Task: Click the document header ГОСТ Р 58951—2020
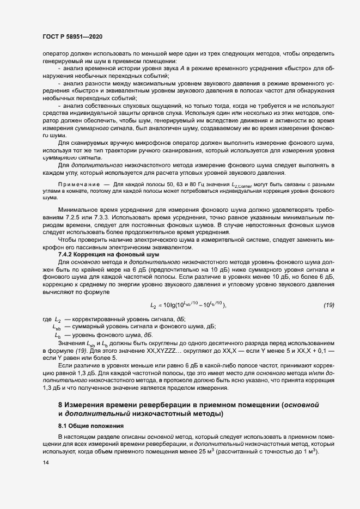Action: pyautogui.click(x=71, y=36)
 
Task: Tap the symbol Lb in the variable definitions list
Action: pyautogui.click(x=58, y=335)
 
